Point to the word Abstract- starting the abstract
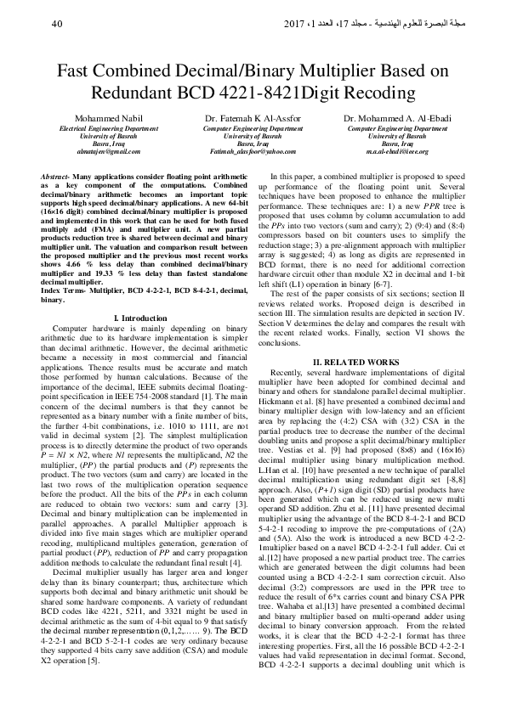55,174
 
